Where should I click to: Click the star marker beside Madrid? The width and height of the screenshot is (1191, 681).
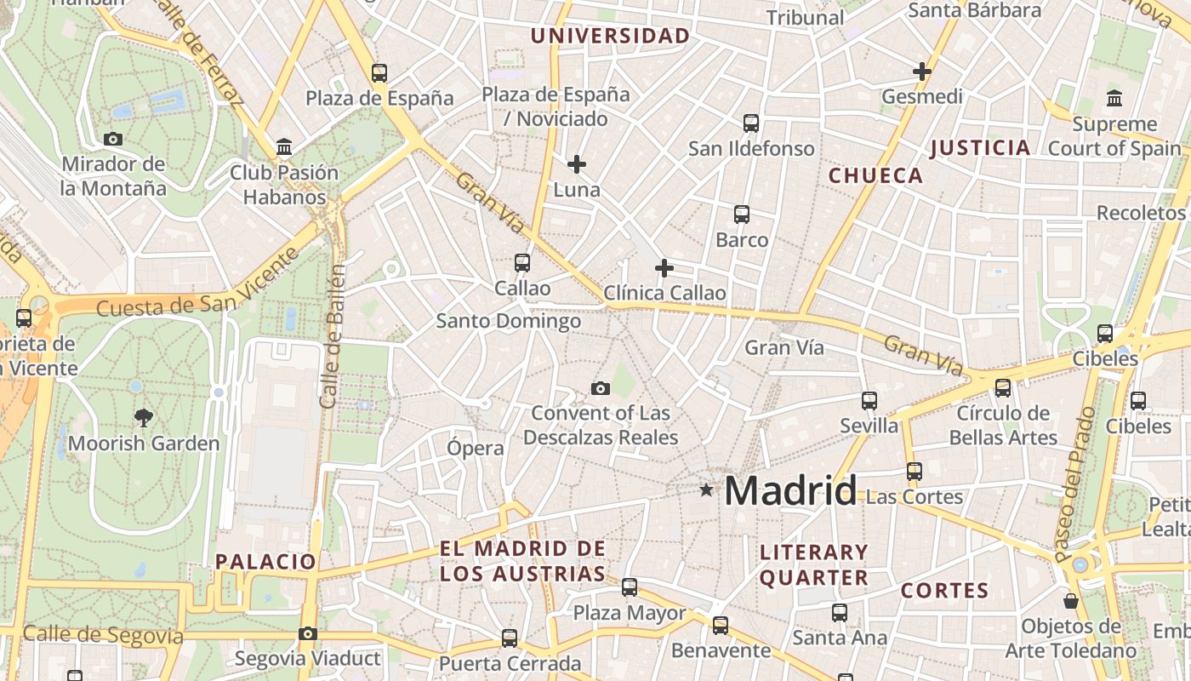click(706, 489)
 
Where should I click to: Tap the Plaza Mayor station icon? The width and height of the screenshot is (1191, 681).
click(630, 587)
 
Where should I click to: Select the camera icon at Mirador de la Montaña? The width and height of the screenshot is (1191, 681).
click(112, 139)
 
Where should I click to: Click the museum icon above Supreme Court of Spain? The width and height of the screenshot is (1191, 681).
click(1114, 98)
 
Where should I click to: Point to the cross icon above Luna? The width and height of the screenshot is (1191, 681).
click(577, 163)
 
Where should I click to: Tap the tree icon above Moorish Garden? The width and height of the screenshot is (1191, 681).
click(144, 417)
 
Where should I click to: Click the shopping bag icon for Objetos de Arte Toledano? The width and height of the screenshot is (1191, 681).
click(1071, 600)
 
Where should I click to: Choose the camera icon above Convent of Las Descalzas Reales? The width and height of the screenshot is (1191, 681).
click(601, 389)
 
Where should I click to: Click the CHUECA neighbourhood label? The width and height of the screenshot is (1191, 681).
click(875, 176)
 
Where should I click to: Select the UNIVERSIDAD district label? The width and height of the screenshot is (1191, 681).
click(610, 36)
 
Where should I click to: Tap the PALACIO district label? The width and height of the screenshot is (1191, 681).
click(265, 562)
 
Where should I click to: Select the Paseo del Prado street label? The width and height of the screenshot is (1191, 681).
click(1076, 484)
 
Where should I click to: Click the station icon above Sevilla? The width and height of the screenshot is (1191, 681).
click(869, 400)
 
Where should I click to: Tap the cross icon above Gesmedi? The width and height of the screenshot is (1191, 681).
click(921, 72)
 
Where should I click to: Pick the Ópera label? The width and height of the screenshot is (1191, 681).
click(476, 448)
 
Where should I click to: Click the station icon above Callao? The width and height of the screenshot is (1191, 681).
click(522, 263)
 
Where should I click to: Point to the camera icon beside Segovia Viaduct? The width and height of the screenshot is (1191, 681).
click(308, 633)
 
